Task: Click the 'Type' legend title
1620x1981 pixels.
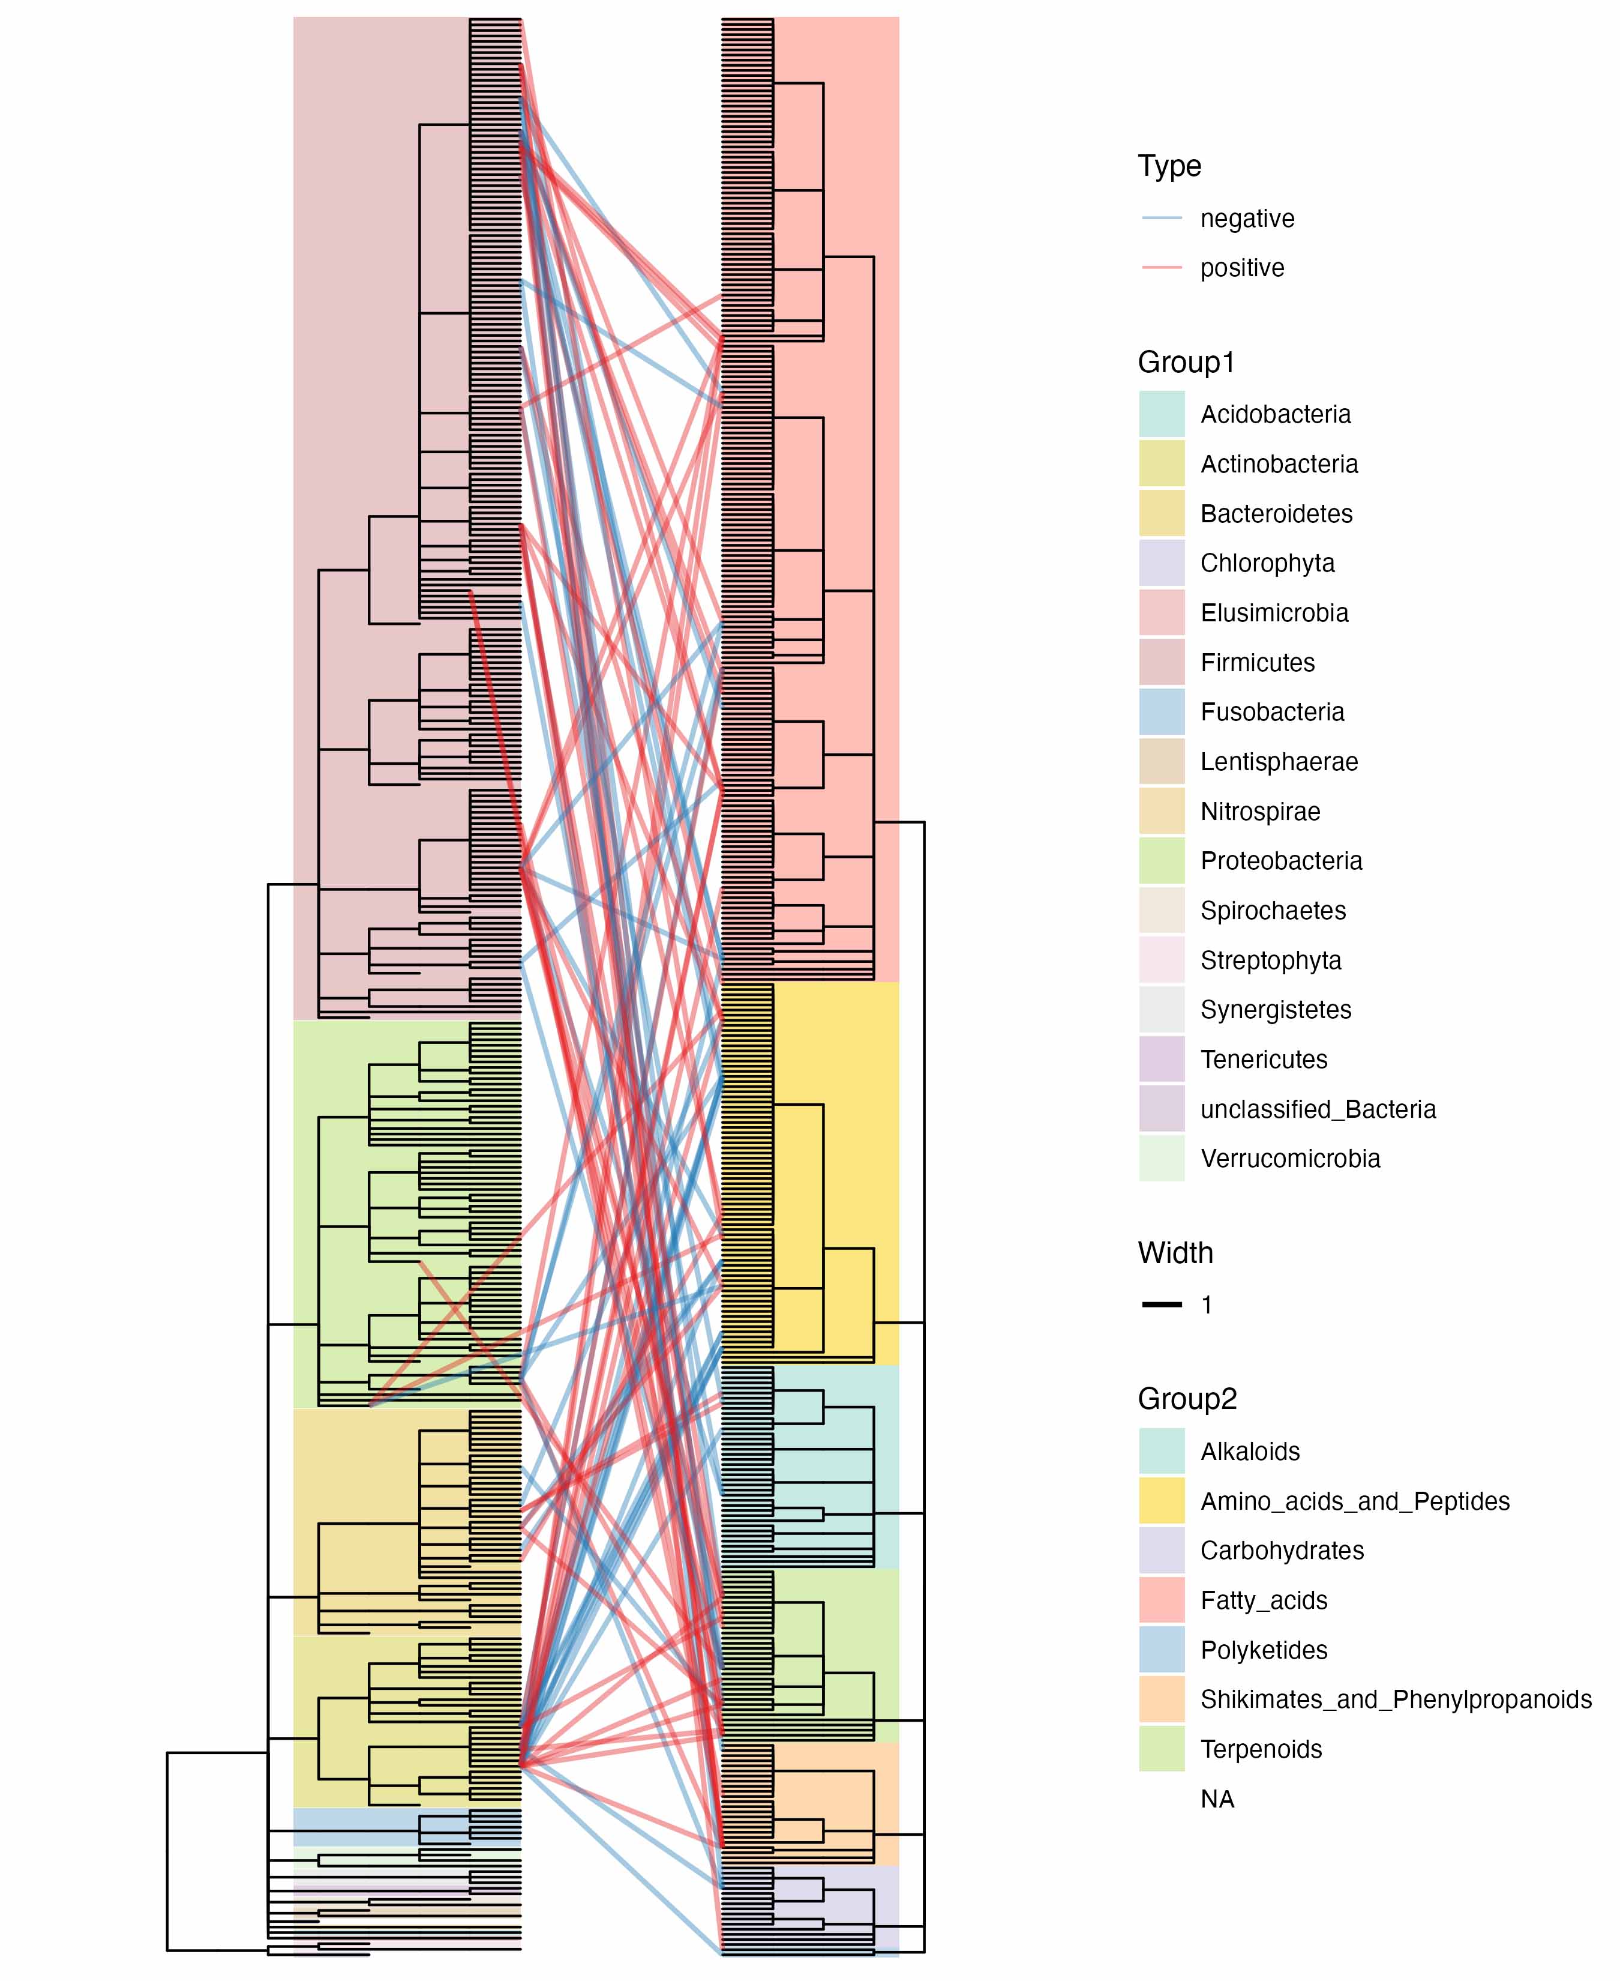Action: [x=1169, y=166]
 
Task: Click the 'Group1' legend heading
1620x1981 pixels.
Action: [x=1186, y=362]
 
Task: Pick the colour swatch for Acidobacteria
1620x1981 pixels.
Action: [x=1162, y=414]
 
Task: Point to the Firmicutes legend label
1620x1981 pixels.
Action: [x=1257, y=663]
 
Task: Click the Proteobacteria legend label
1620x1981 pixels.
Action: [x=1281, y=861]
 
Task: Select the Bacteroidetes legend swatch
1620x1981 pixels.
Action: [x=1162, y=513]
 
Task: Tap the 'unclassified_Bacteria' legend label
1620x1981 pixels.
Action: [x=1318, y=1109]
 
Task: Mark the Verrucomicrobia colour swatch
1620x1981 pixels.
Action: [x=1162, y=1159]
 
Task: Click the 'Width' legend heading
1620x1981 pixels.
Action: [x=1175, y=1253]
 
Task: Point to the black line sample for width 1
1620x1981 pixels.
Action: [x=1162, y=1305]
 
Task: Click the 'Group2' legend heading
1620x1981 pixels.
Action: [x=1187, y=1399]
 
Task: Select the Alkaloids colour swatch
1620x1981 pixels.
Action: [x=1162, y=1452]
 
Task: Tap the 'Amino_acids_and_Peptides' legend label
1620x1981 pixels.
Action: [x=1355, y=1501]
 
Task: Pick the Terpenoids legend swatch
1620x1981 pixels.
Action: [x=1162, y=1749]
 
